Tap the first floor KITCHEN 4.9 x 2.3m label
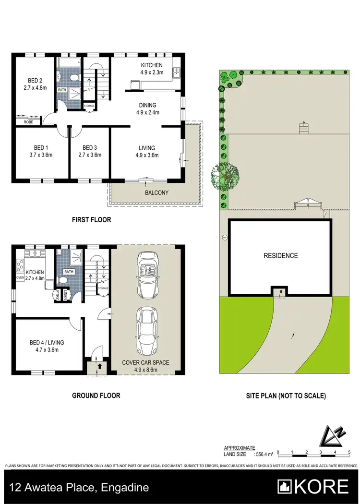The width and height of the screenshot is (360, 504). pos(151,69)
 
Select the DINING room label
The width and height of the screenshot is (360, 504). pos(147,109)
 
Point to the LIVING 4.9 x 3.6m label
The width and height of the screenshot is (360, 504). pos(147,151)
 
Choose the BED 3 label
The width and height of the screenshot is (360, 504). pos(90,151)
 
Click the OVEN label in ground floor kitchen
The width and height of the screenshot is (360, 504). pos(20,277)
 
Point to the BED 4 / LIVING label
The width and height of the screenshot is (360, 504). pos(47,346)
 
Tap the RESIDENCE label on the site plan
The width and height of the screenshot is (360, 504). pos(280,256)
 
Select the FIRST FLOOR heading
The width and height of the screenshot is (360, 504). pos(91,220)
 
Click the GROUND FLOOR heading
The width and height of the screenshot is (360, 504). pos(96,396)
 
